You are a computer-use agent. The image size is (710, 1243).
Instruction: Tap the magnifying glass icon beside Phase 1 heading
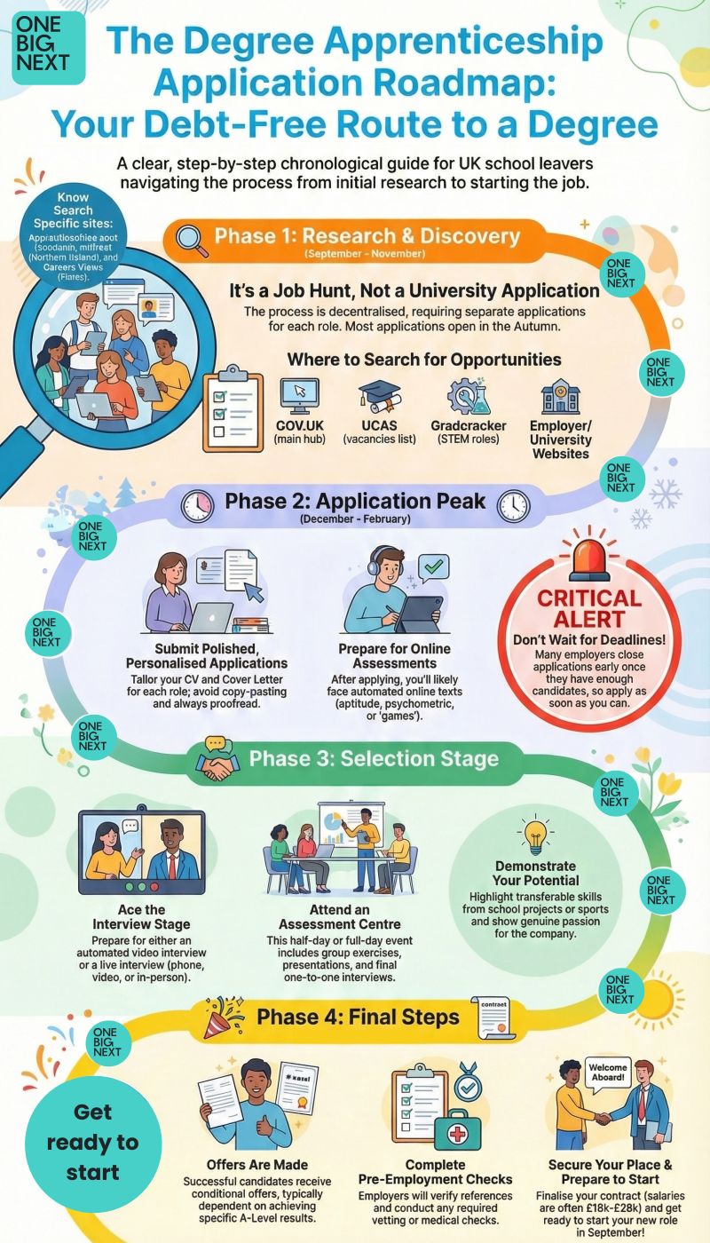pos(192,239)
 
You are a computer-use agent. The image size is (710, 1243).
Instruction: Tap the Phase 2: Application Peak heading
pos(355,501)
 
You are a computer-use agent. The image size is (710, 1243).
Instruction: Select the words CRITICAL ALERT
pos(589,609)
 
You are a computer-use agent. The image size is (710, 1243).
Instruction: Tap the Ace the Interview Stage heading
pos(142,917)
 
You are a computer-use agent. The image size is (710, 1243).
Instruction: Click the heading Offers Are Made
pos(256,1164)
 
